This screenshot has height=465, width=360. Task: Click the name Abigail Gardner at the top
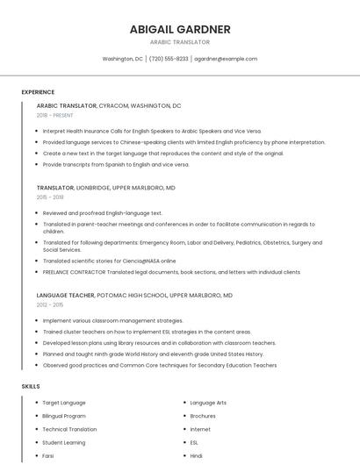tap(180, 29)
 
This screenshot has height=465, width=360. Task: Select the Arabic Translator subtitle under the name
tap(180, 42)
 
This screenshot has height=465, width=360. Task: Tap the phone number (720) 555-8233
tap(169, 59)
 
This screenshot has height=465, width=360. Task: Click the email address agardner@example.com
tap(226, 59)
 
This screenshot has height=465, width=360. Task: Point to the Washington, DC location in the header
tap(122, 59)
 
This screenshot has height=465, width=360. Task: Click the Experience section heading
tap(38, 91)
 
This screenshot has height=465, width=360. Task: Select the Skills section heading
tap(31, 386)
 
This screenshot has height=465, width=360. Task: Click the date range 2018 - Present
tap(55, 115)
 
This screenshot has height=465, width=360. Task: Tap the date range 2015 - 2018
tap(50, 197)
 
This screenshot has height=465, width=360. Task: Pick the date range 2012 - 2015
tap(50, 304)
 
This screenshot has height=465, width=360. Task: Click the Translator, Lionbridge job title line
tap(105, 188)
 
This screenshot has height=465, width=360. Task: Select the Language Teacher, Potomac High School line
tap(133, 296)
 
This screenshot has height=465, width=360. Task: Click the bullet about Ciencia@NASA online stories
tap(109, 261)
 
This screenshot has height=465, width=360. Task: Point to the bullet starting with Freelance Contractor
tap(171, 272)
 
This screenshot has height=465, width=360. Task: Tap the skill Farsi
tap(48, 455)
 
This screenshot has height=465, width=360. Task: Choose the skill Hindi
tap(197, 455)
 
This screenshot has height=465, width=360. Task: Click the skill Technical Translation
tap(69, 429)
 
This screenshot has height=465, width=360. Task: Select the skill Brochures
tap(203, 416)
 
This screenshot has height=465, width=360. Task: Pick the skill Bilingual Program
tap(64, 416)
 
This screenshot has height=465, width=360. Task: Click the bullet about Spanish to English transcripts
tap(115, 164)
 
